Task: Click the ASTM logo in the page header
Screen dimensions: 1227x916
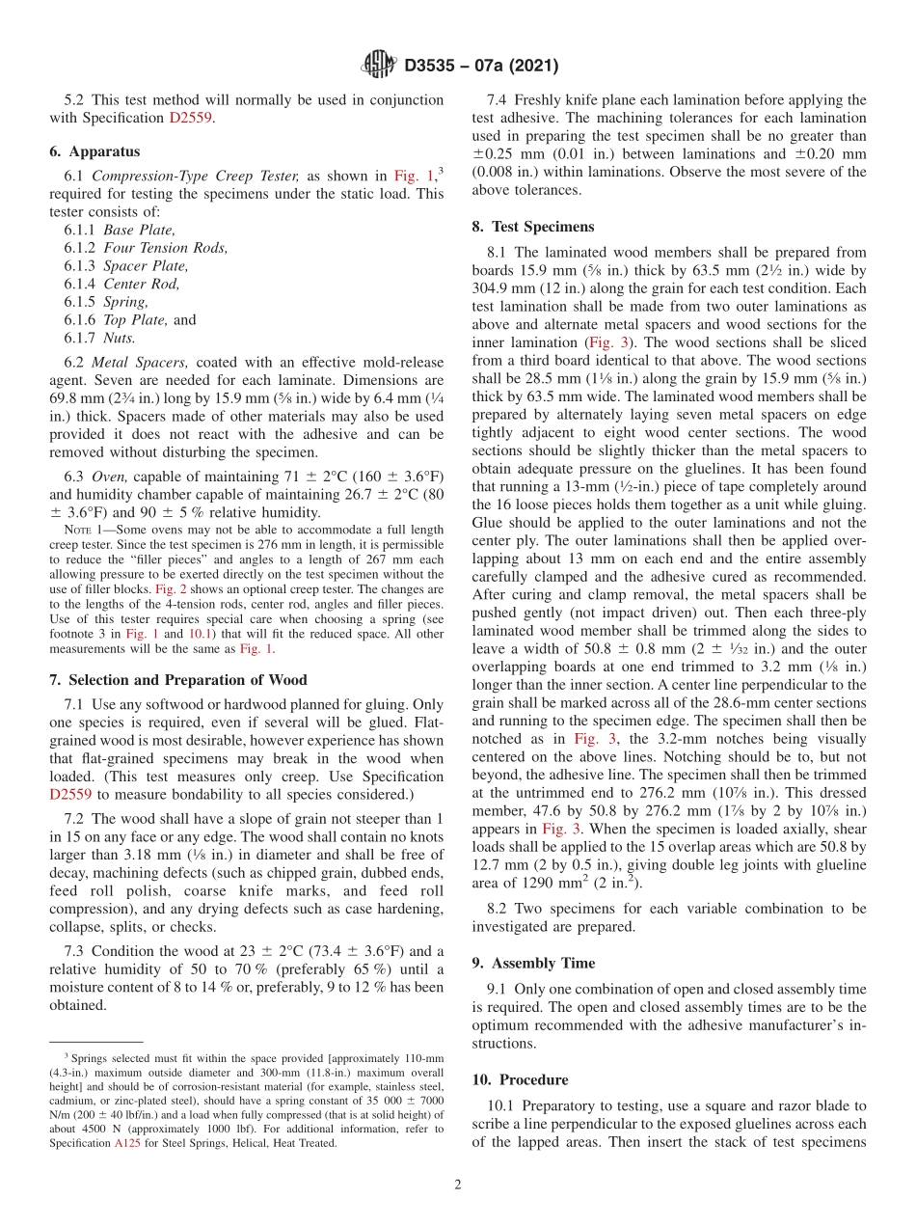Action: click(378, 66)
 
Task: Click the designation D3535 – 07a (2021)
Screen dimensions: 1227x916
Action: click(481, 67)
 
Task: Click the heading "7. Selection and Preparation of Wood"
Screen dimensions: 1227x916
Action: click(178, 680)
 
